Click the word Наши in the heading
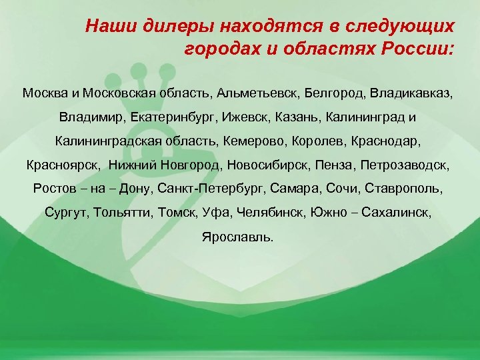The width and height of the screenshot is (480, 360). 108,27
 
